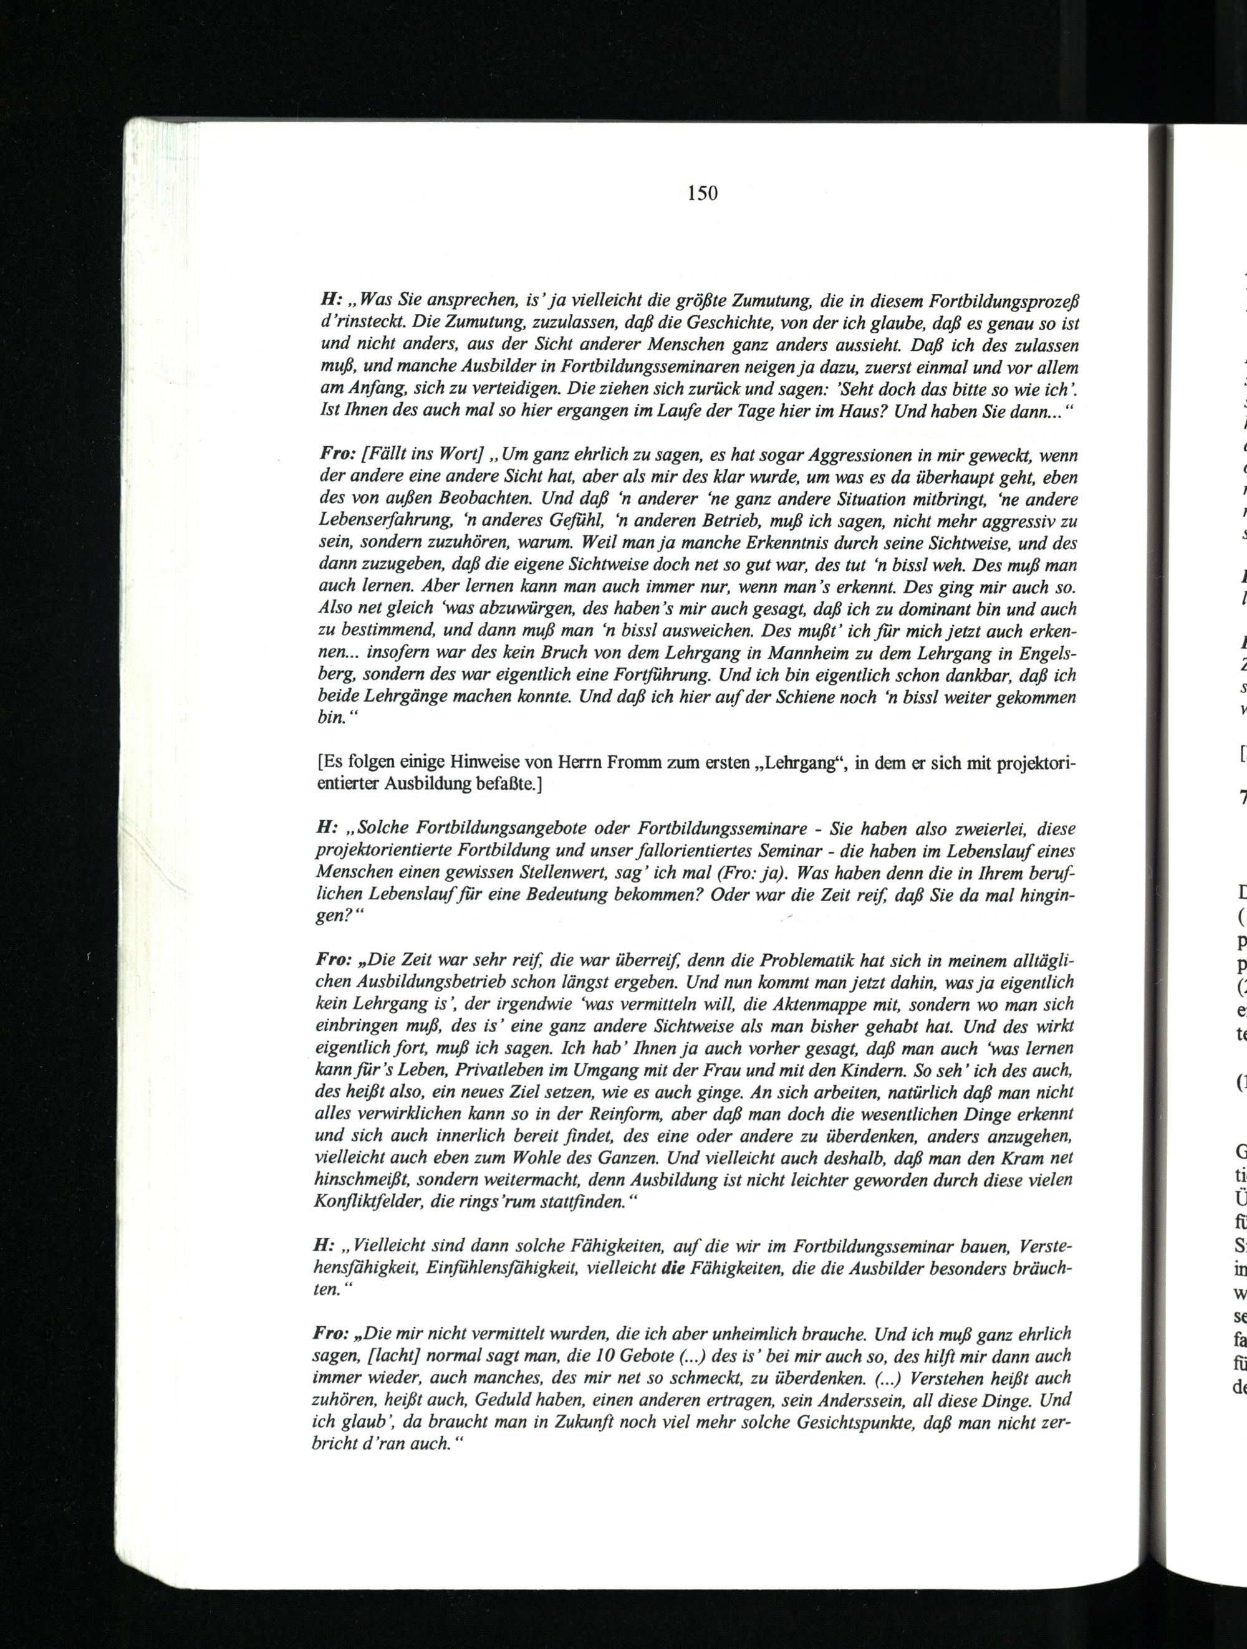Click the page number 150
point(702,194)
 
